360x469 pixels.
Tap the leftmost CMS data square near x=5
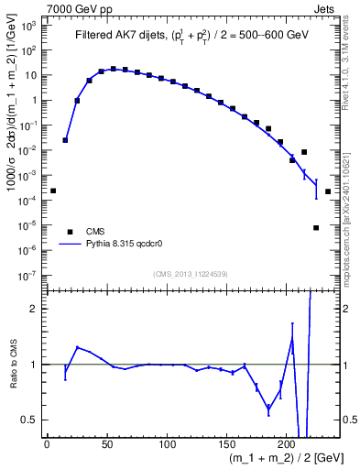point(53,191)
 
